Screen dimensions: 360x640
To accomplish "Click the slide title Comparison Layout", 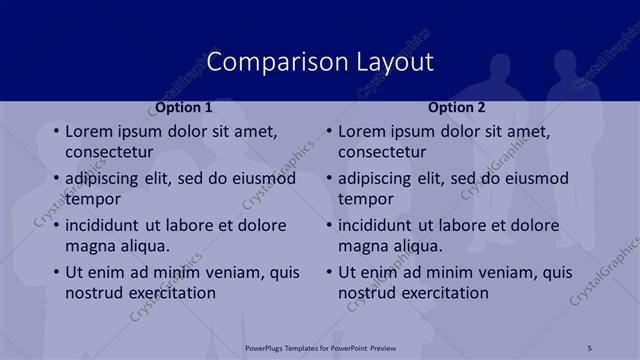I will [320, 61].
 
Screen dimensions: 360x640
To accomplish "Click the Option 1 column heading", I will [184, 107].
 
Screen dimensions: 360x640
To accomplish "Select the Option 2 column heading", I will [457, 107].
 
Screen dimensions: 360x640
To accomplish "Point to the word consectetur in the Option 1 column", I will [109, 152].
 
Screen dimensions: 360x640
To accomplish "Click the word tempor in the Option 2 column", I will [365, 199].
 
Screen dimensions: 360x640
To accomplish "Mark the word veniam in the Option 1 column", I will [234, 272].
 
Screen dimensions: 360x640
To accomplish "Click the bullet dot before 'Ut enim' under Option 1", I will [54, 273].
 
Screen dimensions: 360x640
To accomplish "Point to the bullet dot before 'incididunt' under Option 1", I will [54, 226].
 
